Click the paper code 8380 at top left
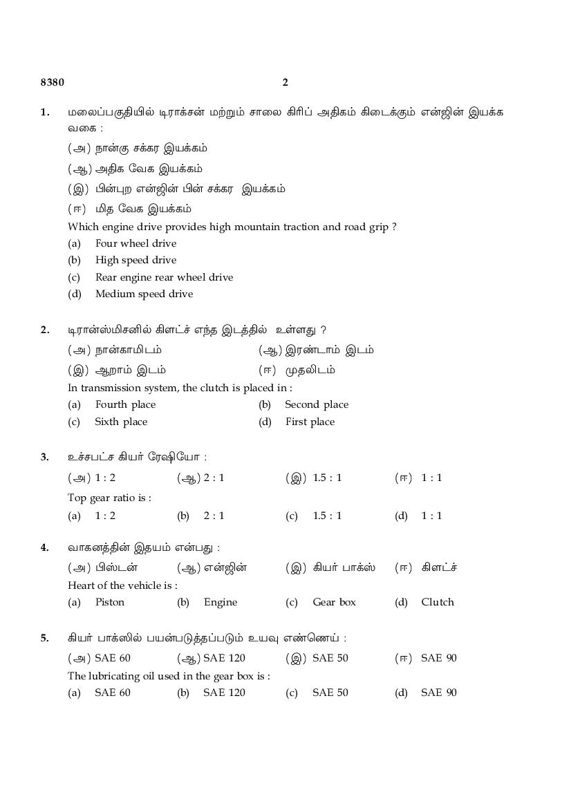[53, 83]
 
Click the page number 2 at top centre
[285, 83]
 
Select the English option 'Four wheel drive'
[135, 243]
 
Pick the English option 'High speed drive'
[135, 260]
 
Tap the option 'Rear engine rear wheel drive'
[164, 277]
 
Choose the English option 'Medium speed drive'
[144, 294]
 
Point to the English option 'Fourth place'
[125, 404]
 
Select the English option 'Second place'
[317, 404]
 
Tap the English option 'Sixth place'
[121, 422]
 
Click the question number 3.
[45, 457]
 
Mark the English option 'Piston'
[110, 602]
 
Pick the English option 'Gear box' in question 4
[334, 602]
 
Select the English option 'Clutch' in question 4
[438, 602]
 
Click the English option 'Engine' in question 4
[221, 602]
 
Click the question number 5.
[45, 638]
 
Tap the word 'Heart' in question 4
[82, 585]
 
